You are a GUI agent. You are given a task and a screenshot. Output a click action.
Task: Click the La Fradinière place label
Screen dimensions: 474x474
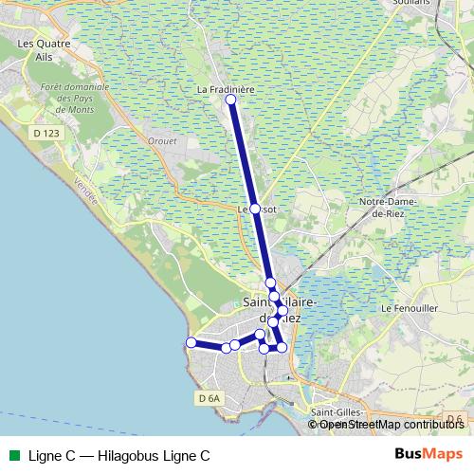coord(228,89)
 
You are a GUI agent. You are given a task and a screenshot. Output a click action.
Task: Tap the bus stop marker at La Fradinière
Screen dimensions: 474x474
coord(230,100)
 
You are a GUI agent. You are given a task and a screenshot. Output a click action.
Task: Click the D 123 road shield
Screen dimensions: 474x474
coord(46,134)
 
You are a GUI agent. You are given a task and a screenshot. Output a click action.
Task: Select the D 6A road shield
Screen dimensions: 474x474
coord(210,399)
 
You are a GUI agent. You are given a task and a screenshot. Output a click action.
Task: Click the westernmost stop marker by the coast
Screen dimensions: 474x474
coord(191,342)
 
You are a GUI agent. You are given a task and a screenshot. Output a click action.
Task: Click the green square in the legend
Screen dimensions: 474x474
coord(15,455)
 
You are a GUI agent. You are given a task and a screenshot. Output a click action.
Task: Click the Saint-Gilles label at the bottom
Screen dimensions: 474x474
coord(337,411)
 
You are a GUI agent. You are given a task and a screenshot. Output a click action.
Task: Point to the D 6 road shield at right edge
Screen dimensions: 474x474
coord(454,419)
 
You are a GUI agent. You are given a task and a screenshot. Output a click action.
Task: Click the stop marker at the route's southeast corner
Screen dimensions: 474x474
coord(282,348)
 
